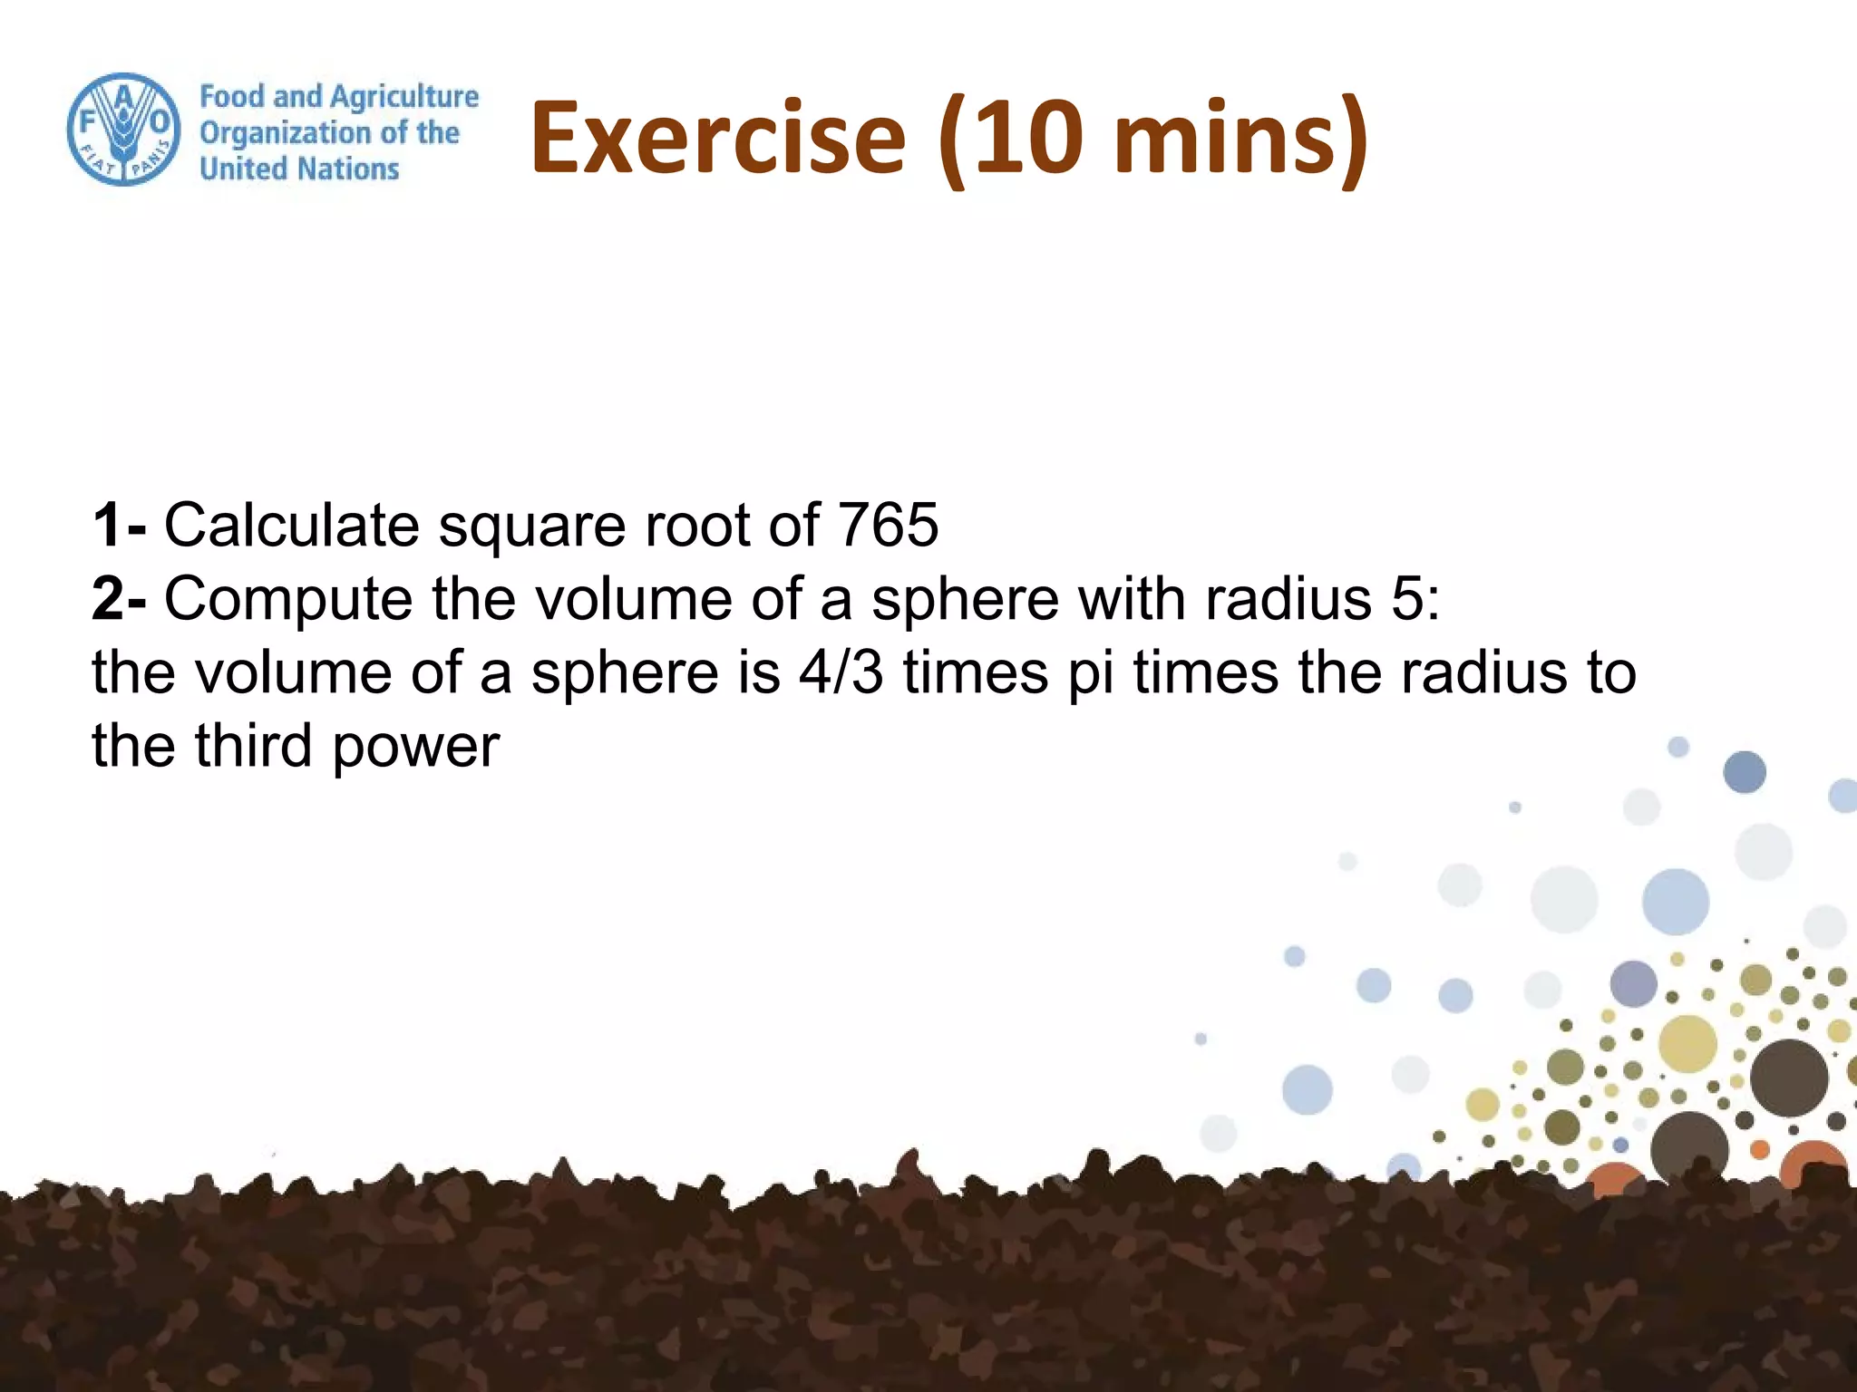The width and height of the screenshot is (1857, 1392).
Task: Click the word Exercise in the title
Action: pos(717,139)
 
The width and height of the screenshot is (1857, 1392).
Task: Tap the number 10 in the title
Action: pos(1030,139)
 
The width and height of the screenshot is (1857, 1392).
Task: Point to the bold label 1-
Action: pos(119,525)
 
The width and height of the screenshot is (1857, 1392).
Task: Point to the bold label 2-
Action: pos(119,599)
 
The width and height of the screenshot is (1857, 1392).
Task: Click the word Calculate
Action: pos(291,525)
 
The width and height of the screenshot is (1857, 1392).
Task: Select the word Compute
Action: pos(288,599)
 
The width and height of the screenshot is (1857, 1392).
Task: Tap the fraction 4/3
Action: pos(841,672)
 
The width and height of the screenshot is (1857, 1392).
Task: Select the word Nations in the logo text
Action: pos(349,169)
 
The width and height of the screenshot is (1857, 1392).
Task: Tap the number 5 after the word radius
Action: pos(1407,599)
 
